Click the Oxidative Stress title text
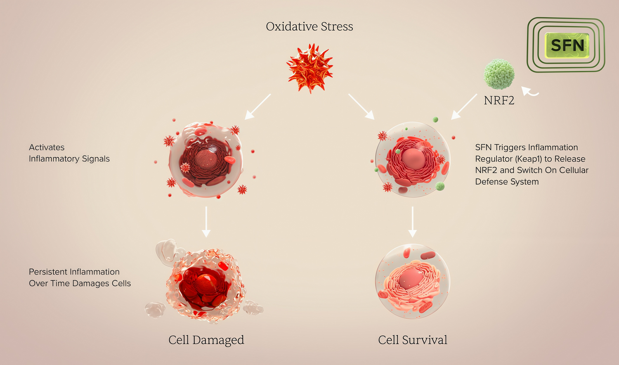pos(309,26)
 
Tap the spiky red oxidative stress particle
pos(310,68)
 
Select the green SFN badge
pos(567,45)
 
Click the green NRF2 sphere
pos(499,74)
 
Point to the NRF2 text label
pos(499,100)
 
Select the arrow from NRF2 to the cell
pos(464,107)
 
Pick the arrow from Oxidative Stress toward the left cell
pos(258,107)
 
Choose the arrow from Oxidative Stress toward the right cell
pos(361,107)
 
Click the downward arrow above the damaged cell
pos(206,222)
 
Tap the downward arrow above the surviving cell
pos(412,222)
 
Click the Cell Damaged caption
pos(206,340)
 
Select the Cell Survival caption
pos(413,340)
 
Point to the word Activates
pos(47,147)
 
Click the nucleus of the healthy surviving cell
pos(411,279)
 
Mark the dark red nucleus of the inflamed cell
pos(206,159)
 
